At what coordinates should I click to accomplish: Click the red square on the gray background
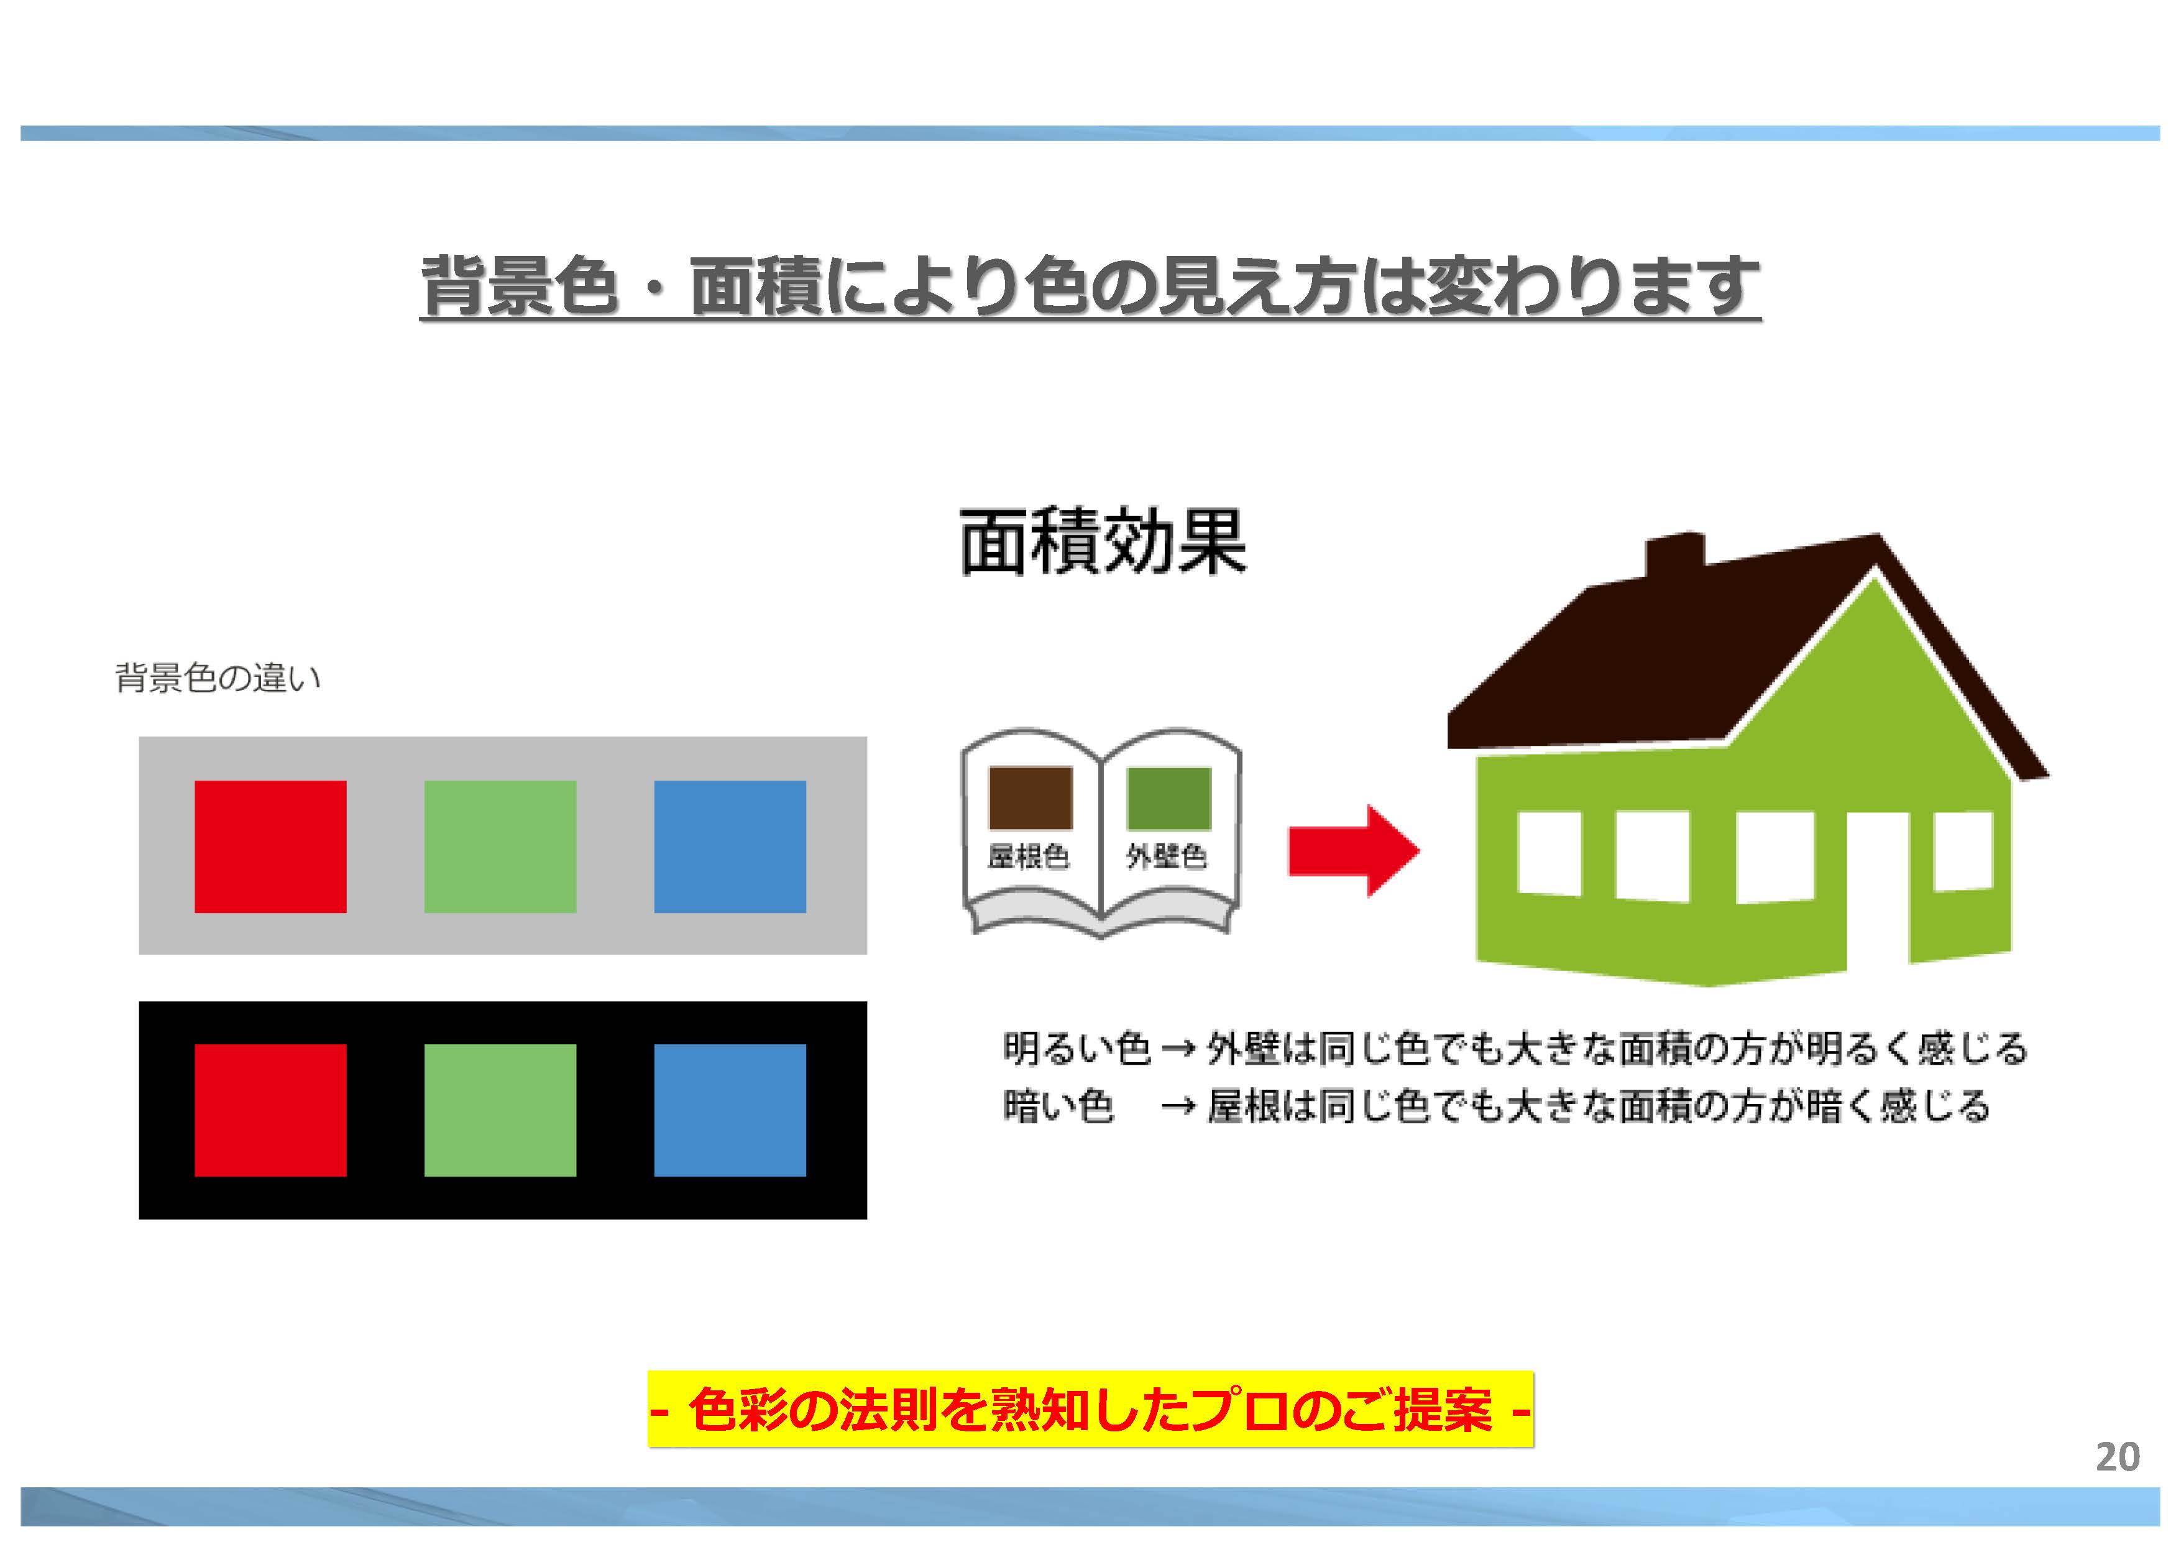271,847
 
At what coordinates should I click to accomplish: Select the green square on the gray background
500,847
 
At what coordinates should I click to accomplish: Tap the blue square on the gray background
730,847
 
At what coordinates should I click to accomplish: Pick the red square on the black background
271,1109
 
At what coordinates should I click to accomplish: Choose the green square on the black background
500,1109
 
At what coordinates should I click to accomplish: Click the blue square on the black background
730,1109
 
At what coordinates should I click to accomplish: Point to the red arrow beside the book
1352,850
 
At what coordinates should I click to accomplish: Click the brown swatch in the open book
1031,798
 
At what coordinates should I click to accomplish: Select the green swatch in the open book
1169,798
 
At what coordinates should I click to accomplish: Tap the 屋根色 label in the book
1029,857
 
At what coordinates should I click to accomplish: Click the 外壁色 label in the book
1167,857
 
